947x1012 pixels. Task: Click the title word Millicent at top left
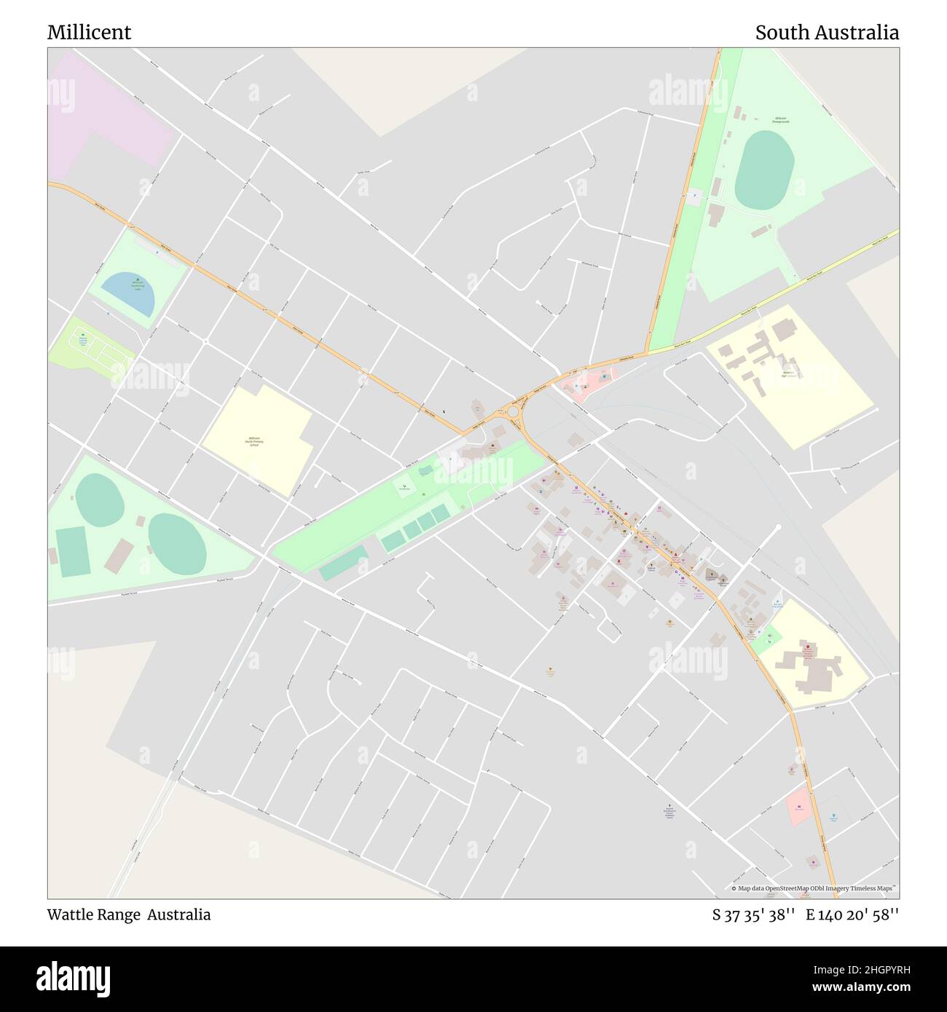pyautogui.click(x=89, y=33)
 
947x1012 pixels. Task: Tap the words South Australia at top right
pyautogui.click(x=826, y=33)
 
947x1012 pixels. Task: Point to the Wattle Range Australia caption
pyautogui.click(x=129, y=914)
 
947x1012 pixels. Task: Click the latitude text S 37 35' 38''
pyautogui.click(x=754, y=915)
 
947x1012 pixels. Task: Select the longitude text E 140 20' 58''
pyautogui.click(x=852, y=915)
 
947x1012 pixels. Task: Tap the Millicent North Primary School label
pyautogui.click(x=254, y=441)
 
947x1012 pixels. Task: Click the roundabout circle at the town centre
pyautogui.click(x=513, y=412)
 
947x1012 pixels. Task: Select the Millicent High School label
pyautogui.click(x=788, y=373)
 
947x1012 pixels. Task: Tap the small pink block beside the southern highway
pyautogui.click(x=799, y=806)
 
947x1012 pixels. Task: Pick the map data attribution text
pyautogui.click(x=814, y=888)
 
